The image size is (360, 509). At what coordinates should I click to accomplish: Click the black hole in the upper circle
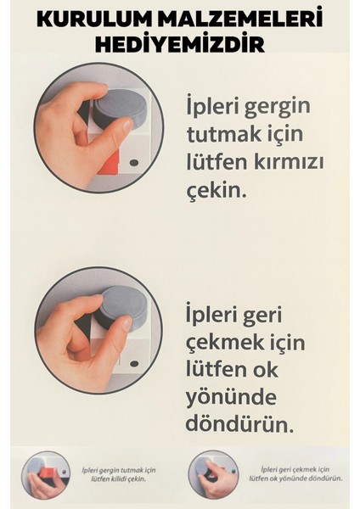pyautogui.click(x=134, y=161)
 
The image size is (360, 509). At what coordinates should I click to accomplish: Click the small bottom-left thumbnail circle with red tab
pyautogui.click(x=44, y=474)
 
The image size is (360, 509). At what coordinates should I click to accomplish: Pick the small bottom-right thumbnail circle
pyautogui.click(x=210, y=474)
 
